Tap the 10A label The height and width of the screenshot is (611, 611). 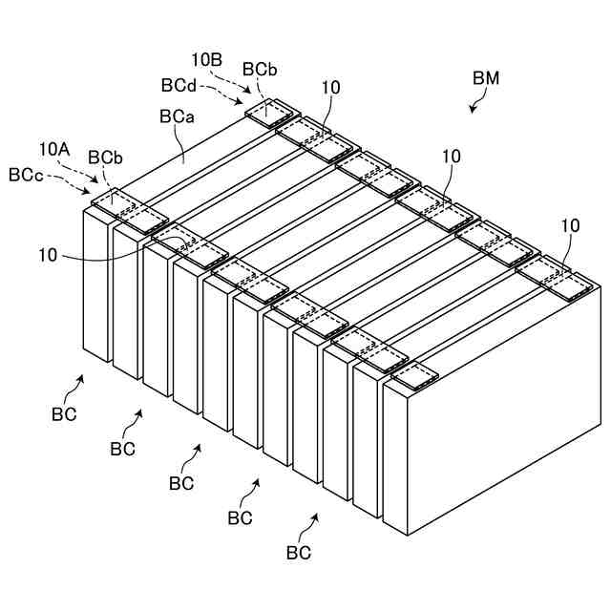(x=54, y=149)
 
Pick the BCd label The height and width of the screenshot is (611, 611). (x=179, y=85)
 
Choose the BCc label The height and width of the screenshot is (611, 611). (x=25, y=175)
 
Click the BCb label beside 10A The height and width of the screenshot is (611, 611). (x=104, y=157)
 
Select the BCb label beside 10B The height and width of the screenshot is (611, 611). (x=260, y=70)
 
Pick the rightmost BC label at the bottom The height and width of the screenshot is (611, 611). (x=299, y=552)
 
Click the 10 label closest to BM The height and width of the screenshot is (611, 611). (x=452, y=156)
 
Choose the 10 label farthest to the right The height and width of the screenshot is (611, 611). (x=570, y=225)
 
